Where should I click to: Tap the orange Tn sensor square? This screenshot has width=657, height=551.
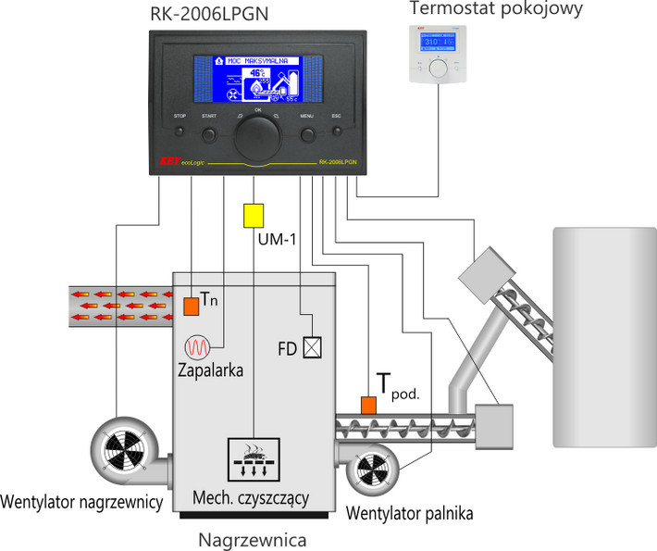click(x=190, y=305)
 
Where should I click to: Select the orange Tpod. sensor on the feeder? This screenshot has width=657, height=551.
click(x=368, y=405)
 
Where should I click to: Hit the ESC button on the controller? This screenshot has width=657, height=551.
click(x=337, y=135)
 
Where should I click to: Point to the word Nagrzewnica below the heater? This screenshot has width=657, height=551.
click(x=253, y=538)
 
